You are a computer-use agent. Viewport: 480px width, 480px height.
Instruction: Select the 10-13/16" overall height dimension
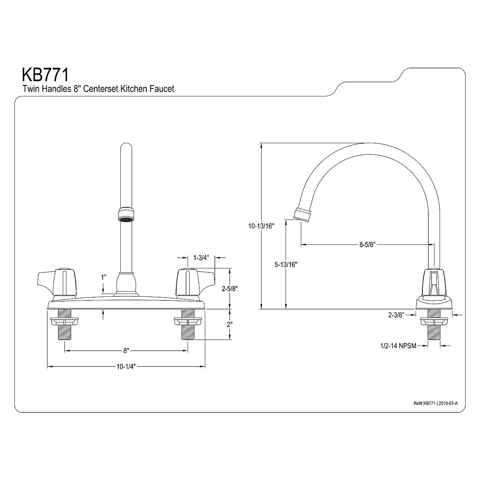pyautogui.click(x=260, y=226)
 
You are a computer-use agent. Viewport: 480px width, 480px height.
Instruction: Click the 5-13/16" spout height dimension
pyautogui.click(x=286, y=264)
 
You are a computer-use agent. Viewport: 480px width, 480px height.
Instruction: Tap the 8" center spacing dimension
pyautogui.click(x=126, y=351)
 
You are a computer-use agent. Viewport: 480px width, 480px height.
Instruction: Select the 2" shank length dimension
pyautogui.click(x=230, y=324)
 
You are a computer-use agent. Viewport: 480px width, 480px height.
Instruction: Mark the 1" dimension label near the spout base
pyautogui.click(x=104, y=276)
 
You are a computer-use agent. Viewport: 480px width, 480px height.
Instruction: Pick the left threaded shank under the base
pyautogui.click(x=64, y=324)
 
